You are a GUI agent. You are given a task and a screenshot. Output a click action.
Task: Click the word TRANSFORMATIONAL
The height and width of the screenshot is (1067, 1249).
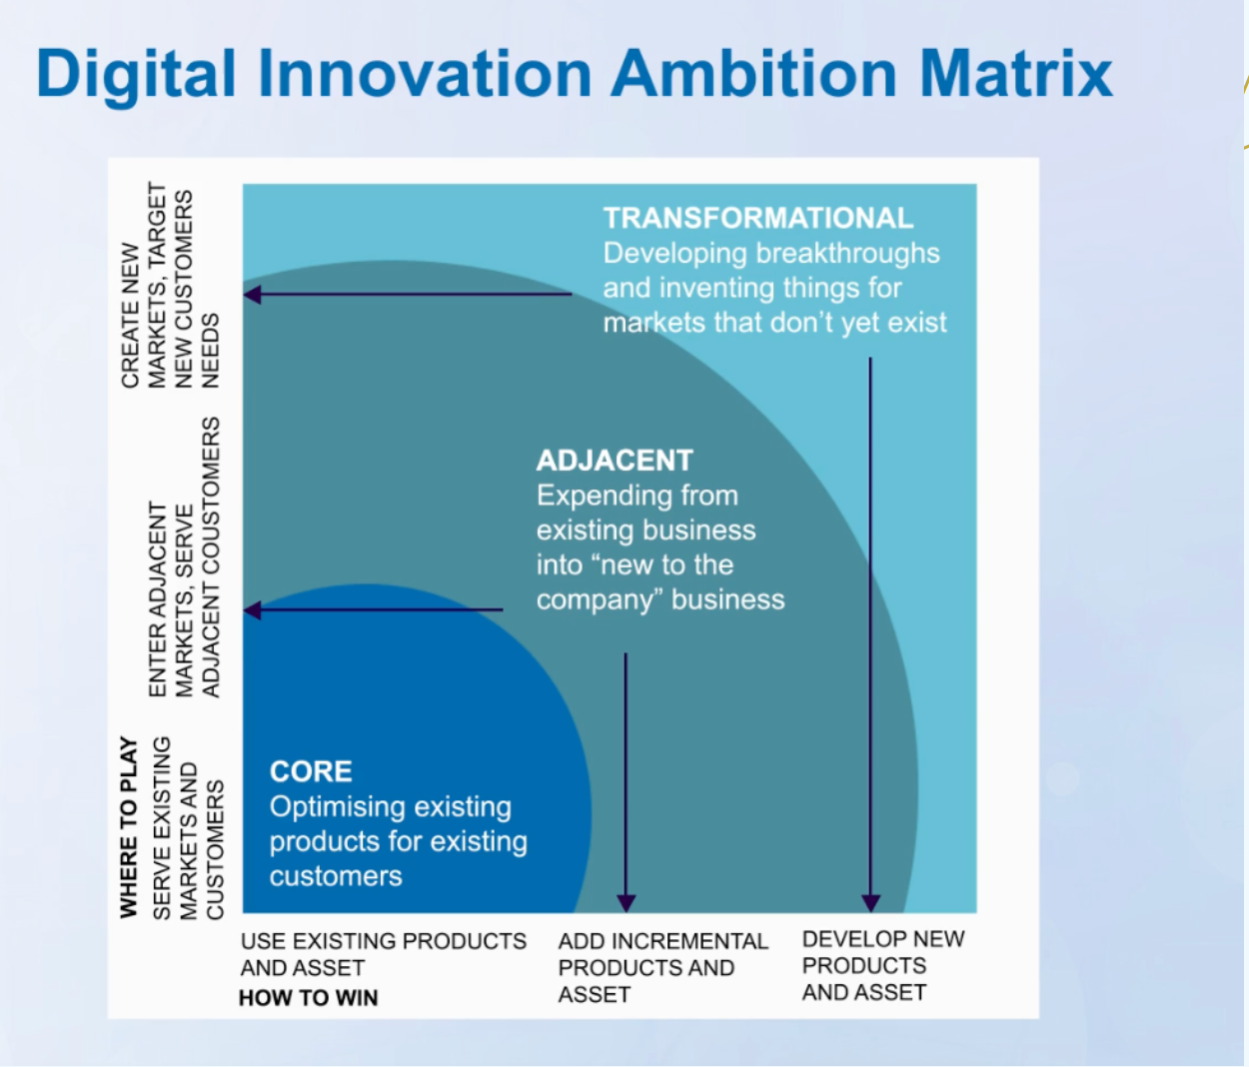(758, 218)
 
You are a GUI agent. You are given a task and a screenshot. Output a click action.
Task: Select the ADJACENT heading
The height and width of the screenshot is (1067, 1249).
(615, 461)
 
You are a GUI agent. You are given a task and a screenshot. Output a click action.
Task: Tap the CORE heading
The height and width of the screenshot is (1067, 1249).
(311, 771)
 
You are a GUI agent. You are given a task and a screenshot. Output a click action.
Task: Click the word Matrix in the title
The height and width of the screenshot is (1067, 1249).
(1016, 74)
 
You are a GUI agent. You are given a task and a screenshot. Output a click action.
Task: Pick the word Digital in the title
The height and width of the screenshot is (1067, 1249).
(136, 76)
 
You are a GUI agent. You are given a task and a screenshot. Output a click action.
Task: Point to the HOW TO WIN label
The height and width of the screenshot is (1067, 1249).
(308, 997)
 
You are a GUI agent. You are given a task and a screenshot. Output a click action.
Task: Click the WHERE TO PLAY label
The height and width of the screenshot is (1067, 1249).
(129, 827)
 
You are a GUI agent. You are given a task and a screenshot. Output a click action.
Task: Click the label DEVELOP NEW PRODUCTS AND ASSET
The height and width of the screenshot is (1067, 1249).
(883, 965)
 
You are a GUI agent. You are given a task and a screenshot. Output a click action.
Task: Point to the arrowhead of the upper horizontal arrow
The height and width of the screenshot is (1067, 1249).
(252, 295)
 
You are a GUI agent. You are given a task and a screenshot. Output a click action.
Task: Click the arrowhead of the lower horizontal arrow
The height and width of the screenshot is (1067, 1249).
(252, 610)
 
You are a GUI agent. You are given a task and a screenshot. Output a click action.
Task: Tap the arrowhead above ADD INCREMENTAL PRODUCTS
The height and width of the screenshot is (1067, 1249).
(626, 903)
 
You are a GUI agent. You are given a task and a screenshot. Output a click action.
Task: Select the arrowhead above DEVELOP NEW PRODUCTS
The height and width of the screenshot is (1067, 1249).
(870, 903)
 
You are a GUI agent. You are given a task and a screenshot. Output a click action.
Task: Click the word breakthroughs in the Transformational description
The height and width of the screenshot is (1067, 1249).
(847, 254)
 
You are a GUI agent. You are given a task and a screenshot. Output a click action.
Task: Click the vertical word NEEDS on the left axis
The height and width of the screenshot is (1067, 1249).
(210, 351)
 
